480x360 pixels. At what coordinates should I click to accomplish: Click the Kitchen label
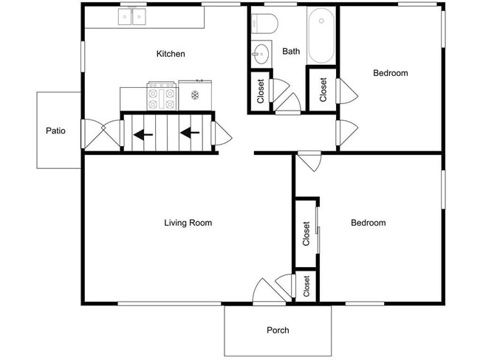(171, 54)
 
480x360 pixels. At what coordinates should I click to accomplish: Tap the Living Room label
(188, 223)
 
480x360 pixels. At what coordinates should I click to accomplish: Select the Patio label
(55, 131)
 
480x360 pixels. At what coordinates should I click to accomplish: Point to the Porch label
(278, 330)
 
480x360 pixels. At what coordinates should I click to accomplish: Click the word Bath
(291, 51)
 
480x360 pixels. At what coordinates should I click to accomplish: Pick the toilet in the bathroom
(264, 24)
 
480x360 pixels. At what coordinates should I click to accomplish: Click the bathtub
(321, 35)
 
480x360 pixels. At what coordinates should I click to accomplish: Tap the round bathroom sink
(261, 54)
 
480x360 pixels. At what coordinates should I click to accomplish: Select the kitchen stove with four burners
(162, 96)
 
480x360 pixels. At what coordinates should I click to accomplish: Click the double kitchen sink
(132, 16)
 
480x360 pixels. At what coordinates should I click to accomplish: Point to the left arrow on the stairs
(143, 134)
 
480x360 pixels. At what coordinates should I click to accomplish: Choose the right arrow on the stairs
(190, 133)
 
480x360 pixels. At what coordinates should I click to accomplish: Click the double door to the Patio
(102, 135)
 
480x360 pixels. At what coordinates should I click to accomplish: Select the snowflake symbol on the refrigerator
(195, 95)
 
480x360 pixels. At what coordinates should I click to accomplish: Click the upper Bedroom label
(391, 73)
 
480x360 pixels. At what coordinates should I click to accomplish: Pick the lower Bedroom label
(368, 223)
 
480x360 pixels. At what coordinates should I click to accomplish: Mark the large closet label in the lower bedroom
(306, 234)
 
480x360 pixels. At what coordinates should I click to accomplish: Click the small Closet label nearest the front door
(306, 286)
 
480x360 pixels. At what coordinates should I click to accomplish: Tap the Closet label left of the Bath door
(261, 91)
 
